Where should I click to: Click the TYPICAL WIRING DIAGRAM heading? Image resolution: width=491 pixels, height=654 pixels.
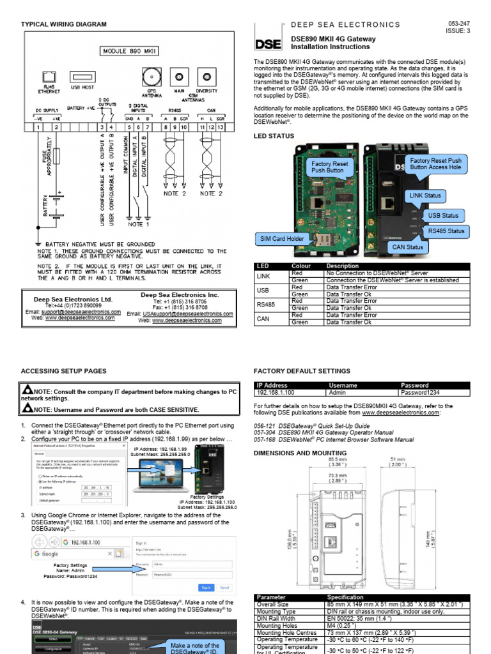click(x=64, y=24)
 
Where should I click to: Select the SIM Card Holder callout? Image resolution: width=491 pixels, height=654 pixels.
click(x=281, y=238)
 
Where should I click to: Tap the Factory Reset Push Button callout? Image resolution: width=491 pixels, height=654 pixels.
click(x=330, y=167)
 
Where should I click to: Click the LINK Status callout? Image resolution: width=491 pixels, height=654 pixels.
click(x=425, y=195)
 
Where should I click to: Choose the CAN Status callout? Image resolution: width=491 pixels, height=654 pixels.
click(x=407, y=247)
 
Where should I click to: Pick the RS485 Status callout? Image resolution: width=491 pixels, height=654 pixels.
click(x=447, y=231)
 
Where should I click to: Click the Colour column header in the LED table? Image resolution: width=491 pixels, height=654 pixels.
click(x=301, y=266)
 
